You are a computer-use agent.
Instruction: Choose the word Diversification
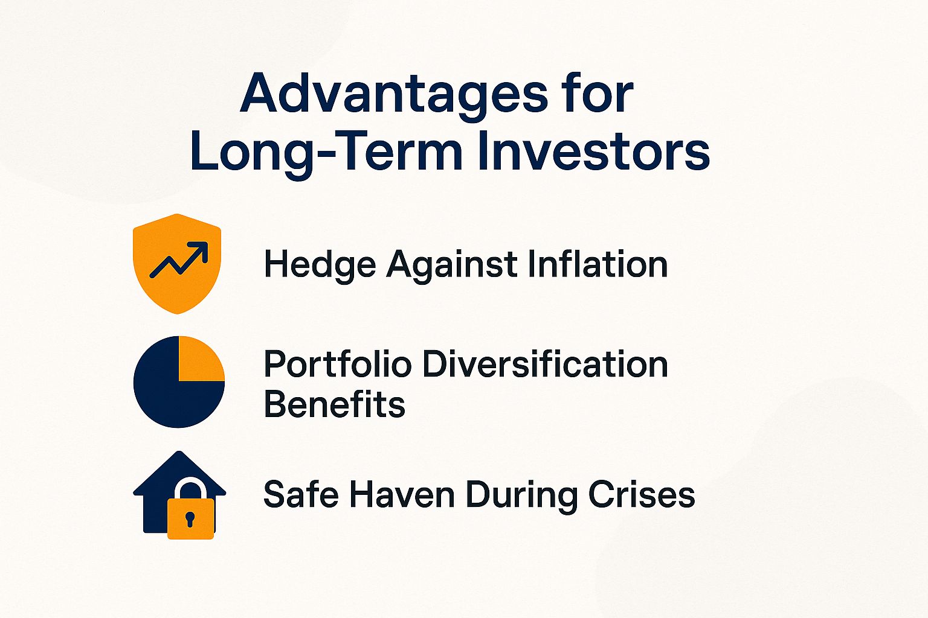point(544,365)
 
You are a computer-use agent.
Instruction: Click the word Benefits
point(334,404)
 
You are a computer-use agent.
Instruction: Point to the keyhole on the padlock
point(190,518)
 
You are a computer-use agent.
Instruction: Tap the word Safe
point(300,494)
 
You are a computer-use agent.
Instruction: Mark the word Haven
point(402,494)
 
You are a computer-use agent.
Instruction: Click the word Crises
point(642,494)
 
